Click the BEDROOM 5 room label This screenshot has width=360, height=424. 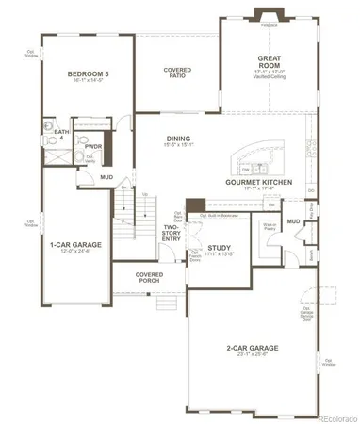[x=90, y=73]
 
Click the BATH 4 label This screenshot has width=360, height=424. [x=60, y=135]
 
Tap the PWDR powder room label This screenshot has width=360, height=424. [x=93, y=147]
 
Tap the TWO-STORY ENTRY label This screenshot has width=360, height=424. [x=171, y=234]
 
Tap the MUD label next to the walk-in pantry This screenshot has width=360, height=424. [x=293, y=221]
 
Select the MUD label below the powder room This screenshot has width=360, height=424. [x=107, y=176]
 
